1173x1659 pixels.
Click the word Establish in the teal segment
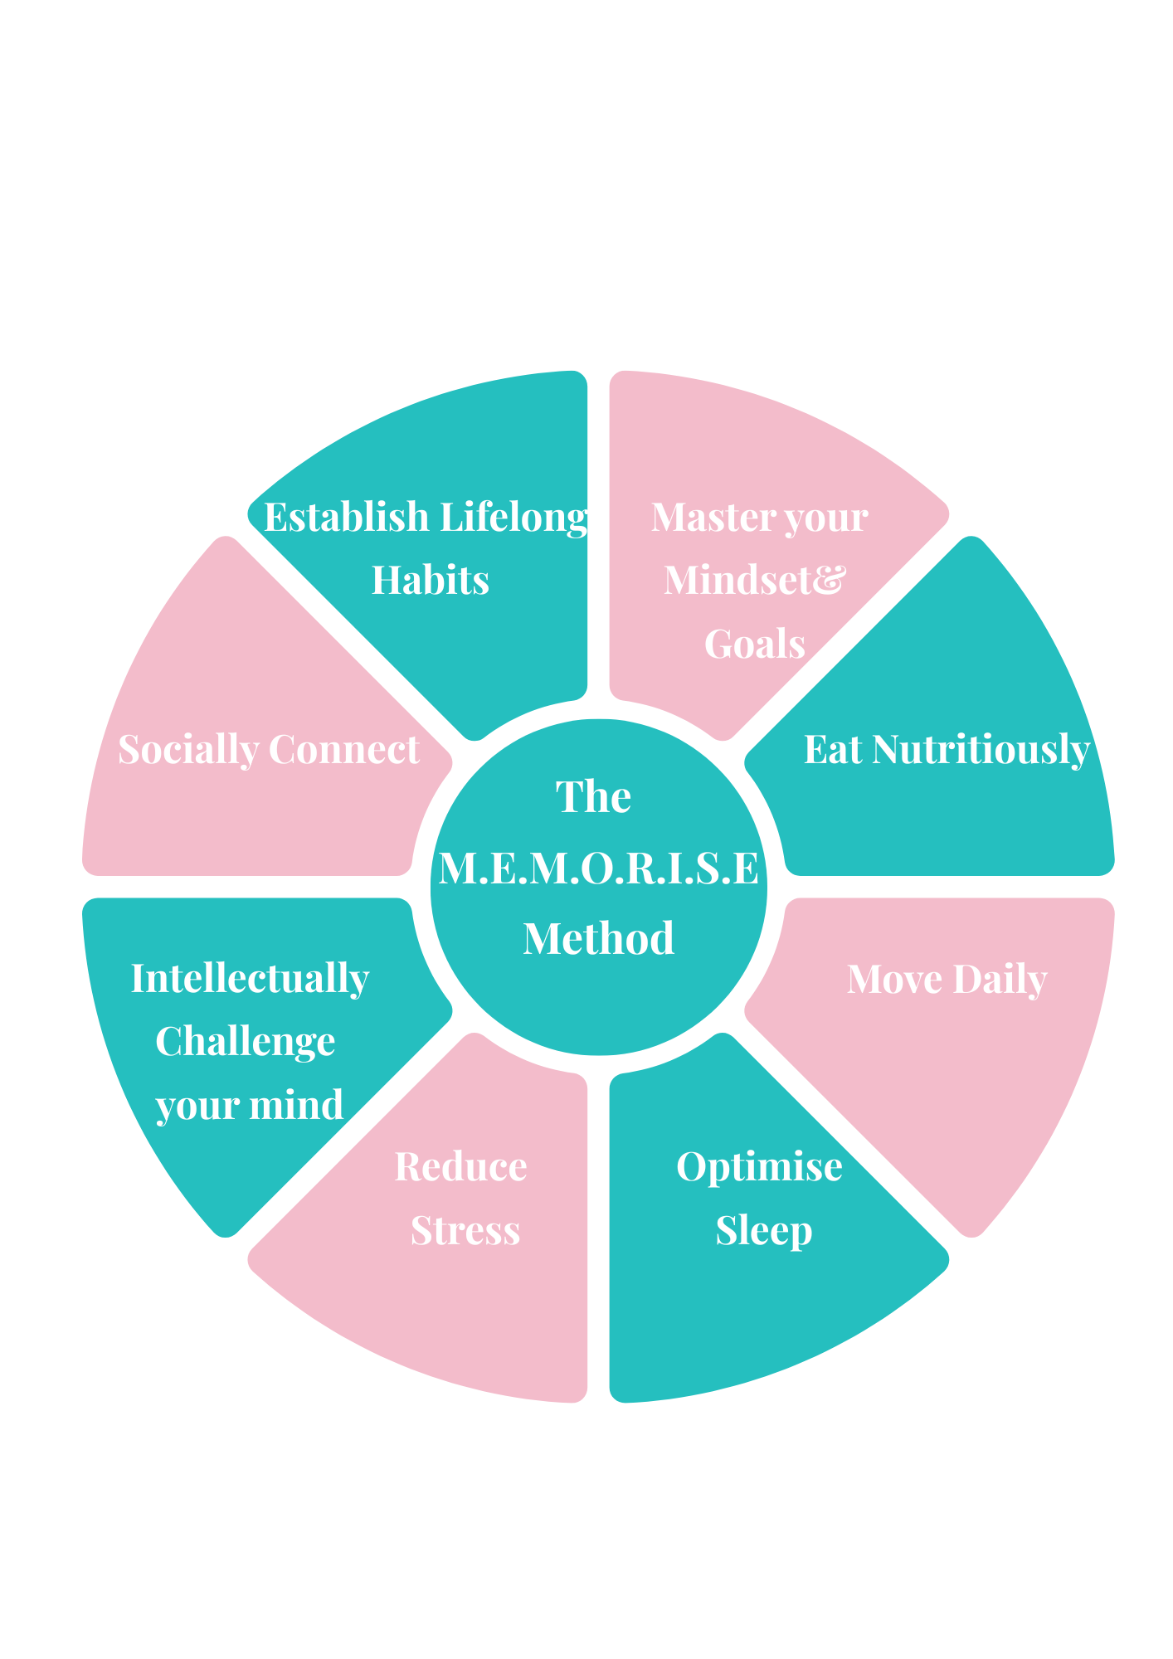click(346, 518)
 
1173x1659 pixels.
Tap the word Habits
click(430, 581)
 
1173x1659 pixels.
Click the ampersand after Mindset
click(828, 579)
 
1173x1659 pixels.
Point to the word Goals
click(755, 645)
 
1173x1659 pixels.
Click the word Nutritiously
click(981, 750)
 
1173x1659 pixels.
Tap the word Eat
click(833, 750)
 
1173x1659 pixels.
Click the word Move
click(894, 980)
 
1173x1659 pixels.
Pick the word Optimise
click(759, 1167)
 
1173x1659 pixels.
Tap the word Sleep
click(764, 1230)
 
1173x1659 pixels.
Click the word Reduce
click(460, 1167)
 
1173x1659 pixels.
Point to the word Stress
click(465, 1230)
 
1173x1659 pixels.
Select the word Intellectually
click(250, 979)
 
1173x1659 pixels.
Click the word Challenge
click(246, 1042)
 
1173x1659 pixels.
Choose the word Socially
click(188, 750)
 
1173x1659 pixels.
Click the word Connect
click(343, 750)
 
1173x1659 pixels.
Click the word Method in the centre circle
click(598, 939)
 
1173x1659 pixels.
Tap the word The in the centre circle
click(593, 797)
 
